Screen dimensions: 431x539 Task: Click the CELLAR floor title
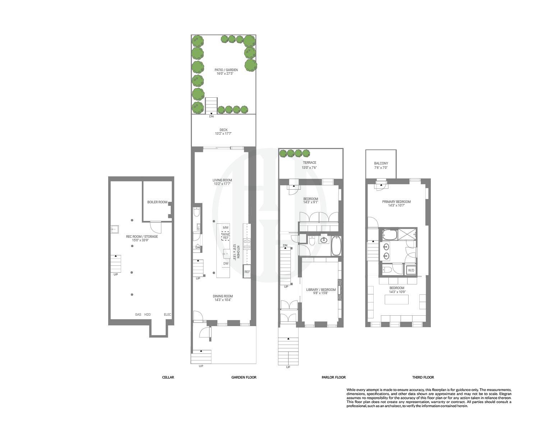(168, 377)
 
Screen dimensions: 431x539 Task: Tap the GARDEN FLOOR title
(244, 377)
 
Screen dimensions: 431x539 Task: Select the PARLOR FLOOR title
(333, 377)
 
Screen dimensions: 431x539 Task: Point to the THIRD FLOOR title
(423, 377)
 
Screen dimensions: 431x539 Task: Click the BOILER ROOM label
(157, 202)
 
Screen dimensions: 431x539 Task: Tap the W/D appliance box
(411, 270)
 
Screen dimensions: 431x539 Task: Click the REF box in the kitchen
(247, 272)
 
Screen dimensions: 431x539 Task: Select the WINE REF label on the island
(226, 236)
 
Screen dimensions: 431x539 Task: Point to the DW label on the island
(226, 264)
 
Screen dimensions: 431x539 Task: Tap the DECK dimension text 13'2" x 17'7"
(224, 134)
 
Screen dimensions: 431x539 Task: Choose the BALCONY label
(381, 163)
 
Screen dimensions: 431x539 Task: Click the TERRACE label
(309, 163)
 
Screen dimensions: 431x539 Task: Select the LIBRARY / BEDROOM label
(321, 290)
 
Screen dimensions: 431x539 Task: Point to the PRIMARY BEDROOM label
(396, 202)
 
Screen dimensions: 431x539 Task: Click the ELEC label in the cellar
(167, 315)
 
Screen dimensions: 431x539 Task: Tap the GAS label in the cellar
(138, 315)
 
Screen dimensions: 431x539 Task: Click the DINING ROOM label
(223, 296)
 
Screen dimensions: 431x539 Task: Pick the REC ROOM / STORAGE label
(142, 237)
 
